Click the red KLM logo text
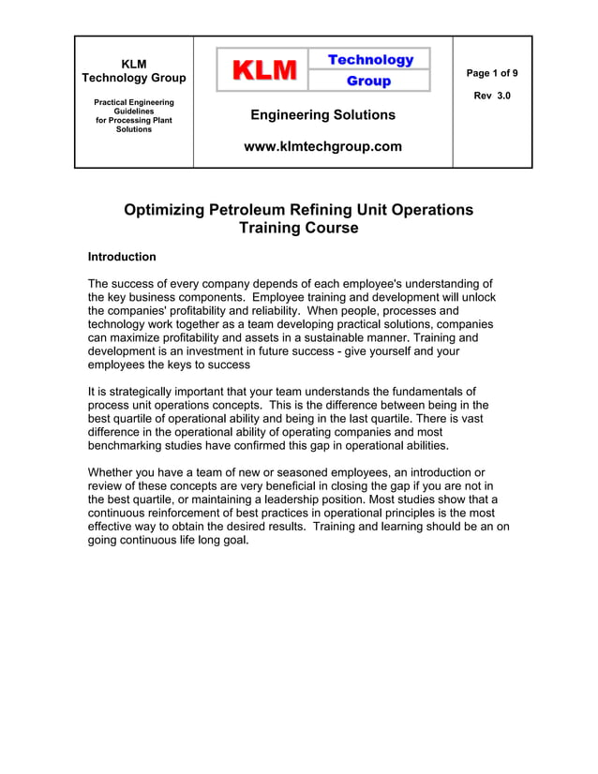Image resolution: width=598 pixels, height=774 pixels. (x=264, y=70)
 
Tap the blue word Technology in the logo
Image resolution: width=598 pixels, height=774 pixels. (x=370, y=60)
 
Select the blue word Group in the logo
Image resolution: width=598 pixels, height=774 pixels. (x=369, y=82)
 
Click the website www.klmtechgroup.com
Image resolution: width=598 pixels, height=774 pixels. (x=322, y=146)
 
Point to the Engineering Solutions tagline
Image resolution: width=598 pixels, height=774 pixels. (x=322, y=115)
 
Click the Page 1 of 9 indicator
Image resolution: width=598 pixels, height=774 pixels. (x=492, y=73)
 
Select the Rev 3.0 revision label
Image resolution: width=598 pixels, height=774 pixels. (x=492, y=96)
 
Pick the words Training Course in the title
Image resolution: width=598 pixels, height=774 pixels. (x=298, y=228)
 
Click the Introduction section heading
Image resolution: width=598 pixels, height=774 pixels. (x=122, y=257)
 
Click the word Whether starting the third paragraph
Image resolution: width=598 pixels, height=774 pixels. (x=113, y=472)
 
